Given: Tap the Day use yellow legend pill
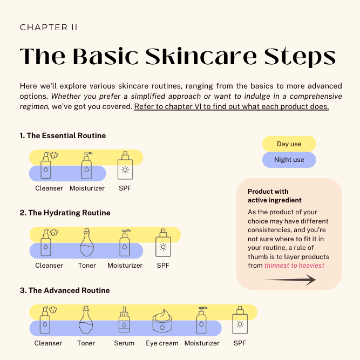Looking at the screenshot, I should pyautogui.click(x=289, y=144).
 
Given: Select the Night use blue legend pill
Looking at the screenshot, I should pyautogui.click(x=289, y=160).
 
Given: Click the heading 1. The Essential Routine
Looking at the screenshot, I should pyautogui.click(x=63, y=135).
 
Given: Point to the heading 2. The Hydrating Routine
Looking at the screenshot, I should pyautogui.click(x=65, y=213).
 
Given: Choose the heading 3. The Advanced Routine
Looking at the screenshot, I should pyautogui.click(x=64, y=290).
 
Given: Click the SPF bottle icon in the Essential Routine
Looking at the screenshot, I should pyautogui.click(x=125, y=166).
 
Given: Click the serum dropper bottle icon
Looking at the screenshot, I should pyautogui.click(x=125, y=321).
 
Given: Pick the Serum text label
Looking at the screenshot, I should pyautogui.click(x=124, y=343).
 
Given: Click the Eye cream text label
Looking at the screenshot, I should pyautogui.click(x=162, y=343).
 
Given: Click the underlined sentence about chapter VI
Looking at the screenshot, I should pyautogui.click(x=232, y=106).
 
